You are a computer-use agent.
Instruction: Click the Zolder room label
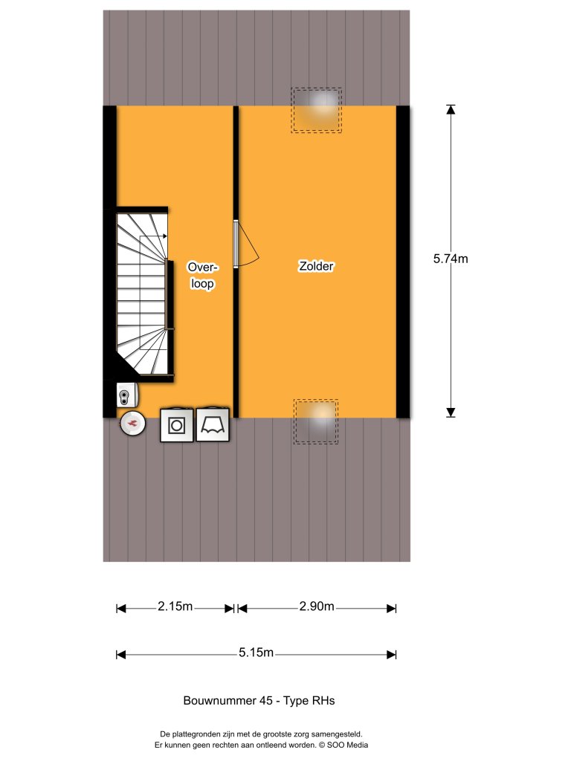tap(316, 266)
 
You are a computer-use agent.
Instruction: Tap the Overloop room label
tap(201, 275)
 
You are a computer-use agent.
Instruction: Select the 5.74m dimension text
tap(451, 259)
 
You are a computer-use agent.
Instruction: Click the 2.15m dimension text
tap(175, 607)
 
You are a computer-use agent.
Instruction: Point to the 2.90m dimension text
tap(317, 607)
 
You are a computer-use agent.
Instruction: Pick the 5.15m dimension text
tap(257, 653)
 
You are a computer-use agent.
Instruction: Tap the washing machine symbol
tap(177, 425)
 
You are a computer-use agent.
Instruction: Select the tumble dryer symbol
tap(213, 425)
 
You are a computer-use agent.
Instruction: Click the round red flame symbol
tap(133, 424)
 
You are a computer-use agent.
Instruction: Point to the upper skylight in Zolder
tap(317, 110)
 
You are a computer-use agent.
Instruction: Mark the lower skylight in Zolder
tap(316, 421)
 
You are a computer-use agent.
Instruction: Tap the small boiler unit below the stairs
tap(126, 395)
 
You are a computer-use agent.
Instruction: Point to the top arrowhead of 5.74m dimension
tap(451, 109)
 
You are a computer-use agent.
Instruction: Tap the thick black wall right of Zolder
tap(403, 262)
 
